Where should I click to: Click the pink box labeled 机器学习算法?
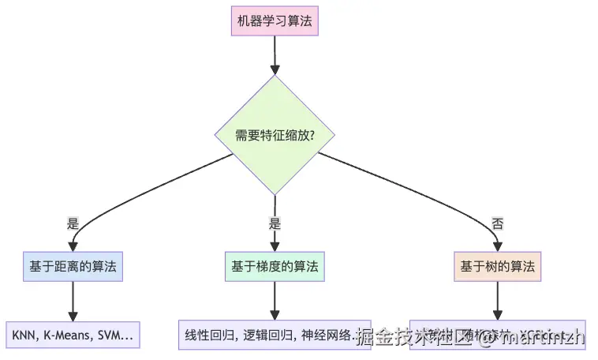click(275, 21)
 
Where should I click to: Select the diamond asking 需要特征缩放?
click(275, 135)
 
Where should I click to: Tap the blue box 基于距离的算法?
click(73, 267)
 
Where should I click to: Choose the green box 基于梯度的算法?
click(275, 267)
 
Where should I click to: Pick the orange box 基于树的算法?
click(497, 267)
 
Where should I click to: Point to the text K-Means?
click(69, 336)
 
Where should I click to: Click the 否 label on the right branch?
click(497, 223)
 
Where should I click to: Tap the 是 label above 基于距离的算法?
click(73, 223)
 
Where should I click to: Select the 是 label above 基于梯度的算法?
click(275, 223)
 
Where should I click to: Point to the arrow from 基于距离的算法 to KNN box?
click(73, 301)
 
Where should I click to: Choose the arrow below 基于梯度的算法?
click(275, 301)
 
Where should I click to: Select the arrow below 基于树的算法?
click(497, 301)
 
